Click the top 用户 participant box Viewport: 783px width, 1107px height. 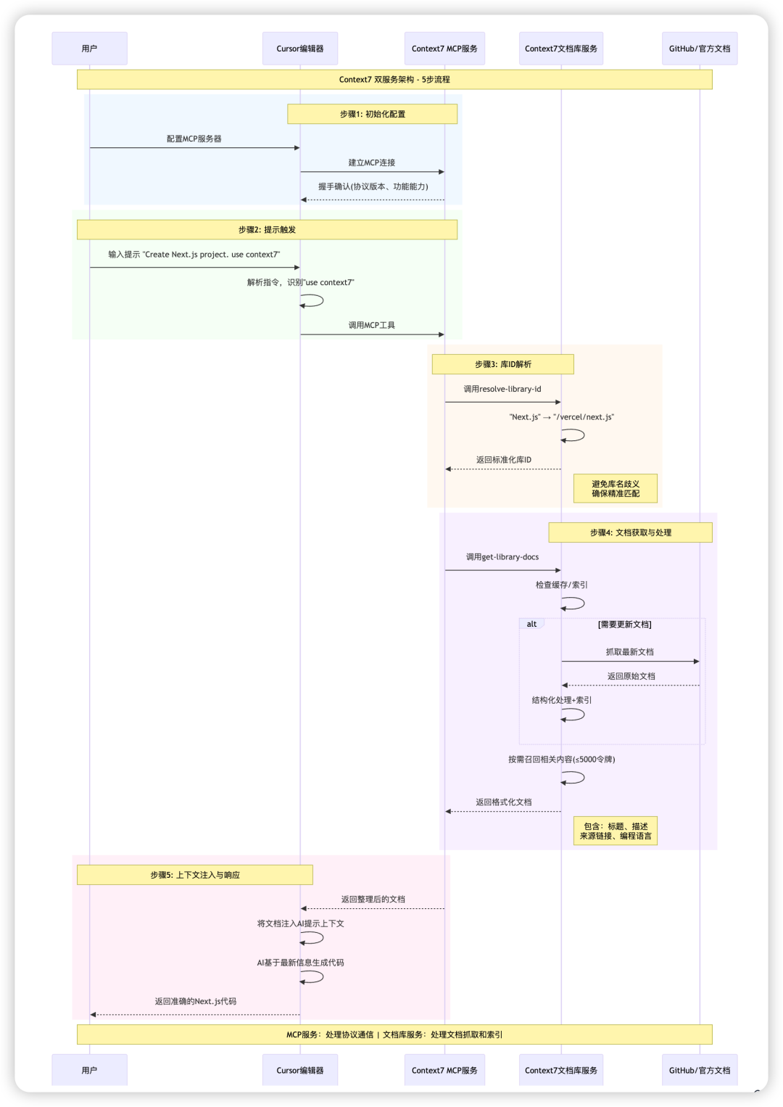[x=89, y=49]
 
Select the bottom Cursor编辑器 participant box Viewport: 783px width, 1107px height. [x=299, y=1070]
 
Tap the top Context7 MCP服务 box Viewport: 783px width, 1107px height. [x=444, y=49]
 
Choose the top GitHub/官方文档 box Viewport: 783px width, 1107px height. [x=699, y=49]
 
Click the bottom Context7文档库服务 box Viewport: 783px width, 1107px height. [x=560, y=1070]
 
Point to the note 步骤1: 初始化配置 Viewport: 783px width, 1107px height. [x=372, y=114]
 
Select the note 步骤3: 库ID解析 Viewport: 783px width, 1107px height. [x=502, y=364]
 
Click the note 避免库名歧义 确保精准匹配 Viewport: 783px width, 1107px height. [x=616, y=488]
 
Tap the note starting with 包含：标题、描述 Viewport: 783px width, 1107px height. [x=616, y=831]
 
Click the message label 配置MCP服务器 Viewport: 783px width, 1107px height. [x=194, y=139]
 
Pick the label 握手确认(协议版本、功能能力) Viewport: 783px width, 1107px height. [x=373, y=186]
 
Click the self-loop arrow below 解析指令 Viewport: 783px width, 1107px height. [x=313, y=300]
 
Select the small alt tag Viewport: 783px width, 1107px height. [x=531, y=624]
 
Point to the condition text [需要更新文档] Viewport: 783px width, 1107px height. [x=624, y=624]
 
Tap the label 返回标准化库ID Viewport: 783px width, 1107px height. [x=503, y=460]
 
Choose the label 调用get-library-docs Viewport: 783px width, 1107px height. [x=502, y=557]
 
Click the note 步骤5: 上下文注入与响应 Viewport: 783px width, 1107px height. [x=195, y=875]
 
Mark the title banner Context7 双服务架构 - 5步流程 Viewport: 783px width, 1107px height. [x=394, y=80]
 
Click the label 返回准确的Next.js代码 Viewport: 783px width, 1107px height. [x=195, y=1001]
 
